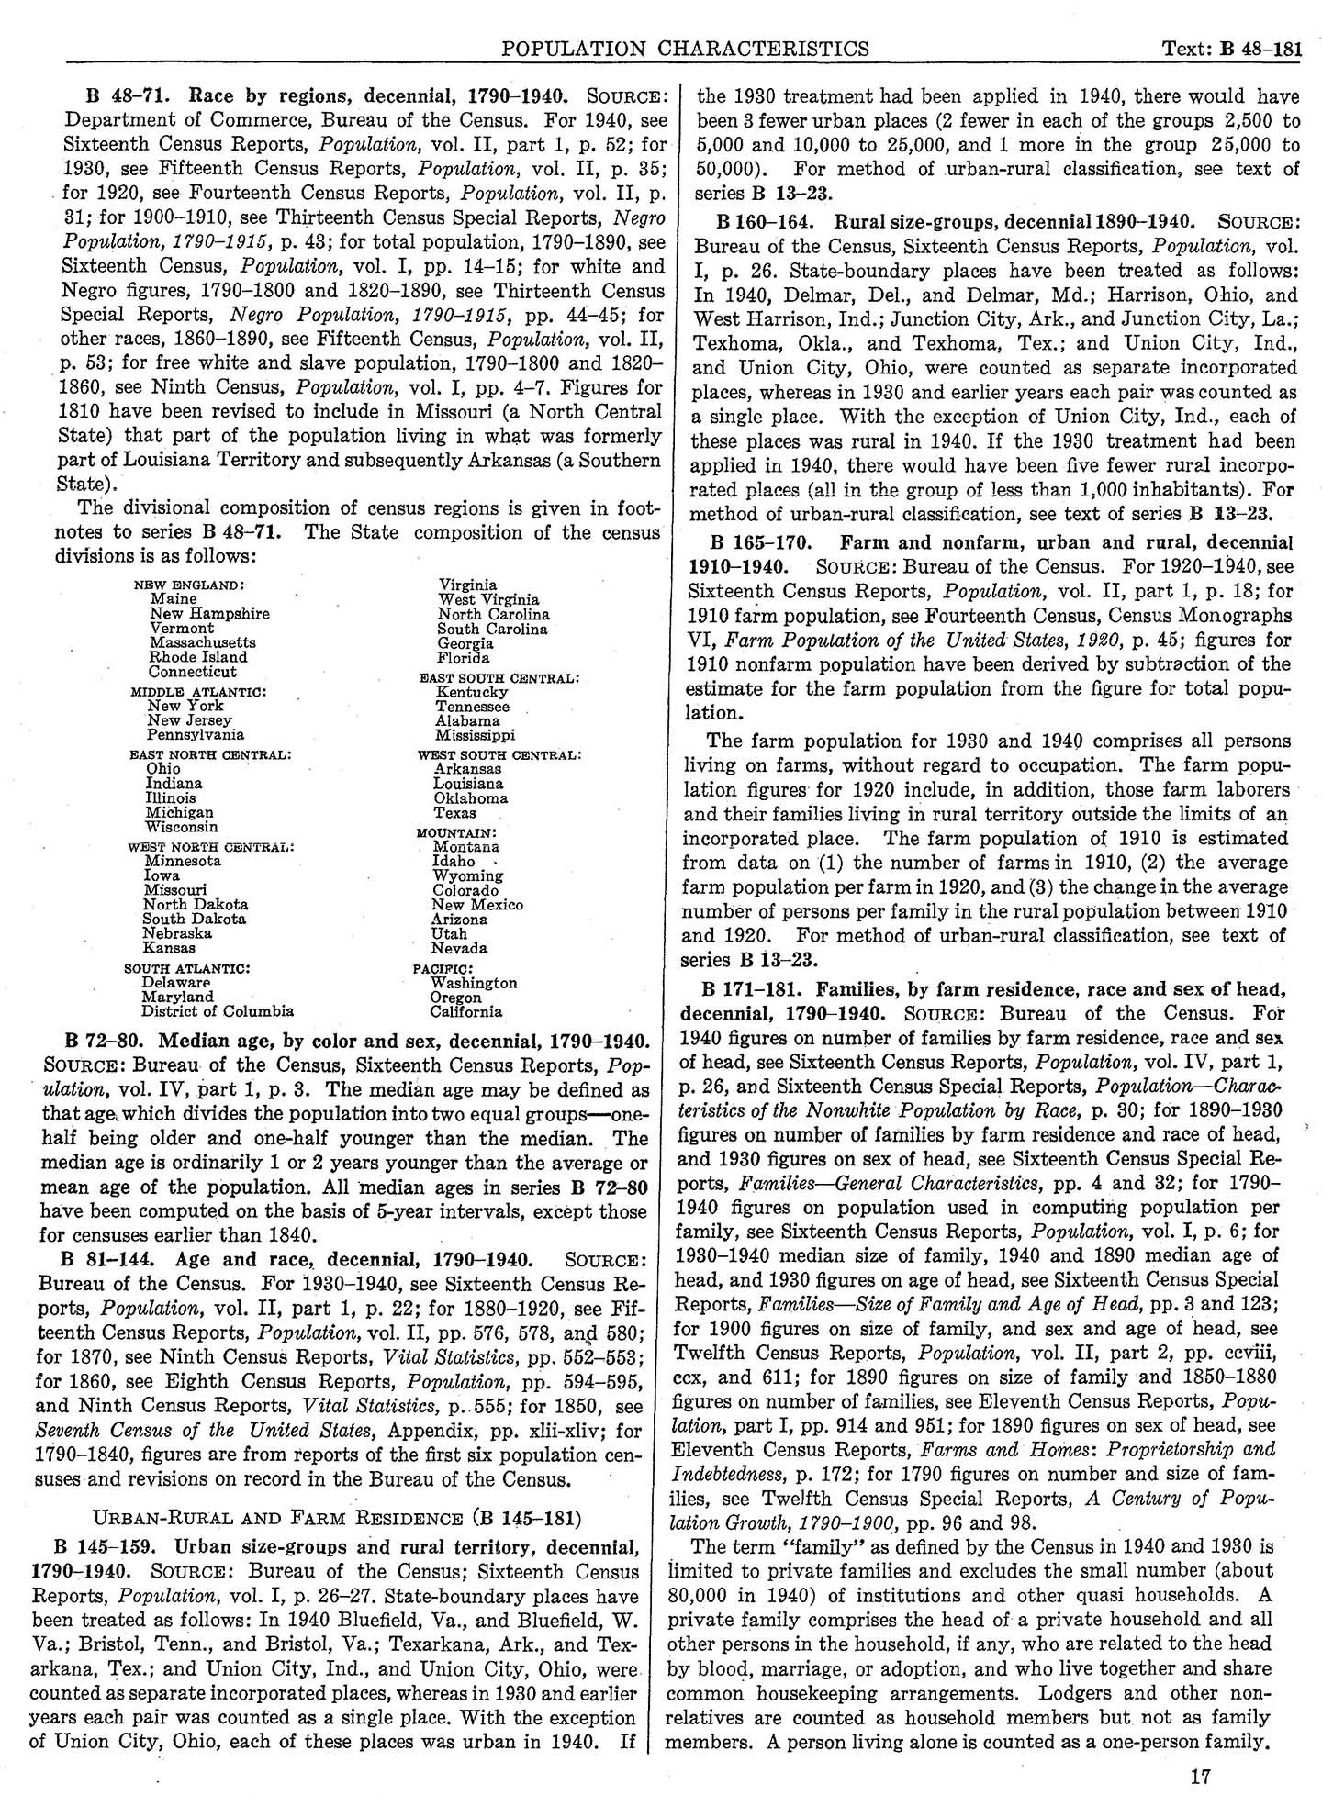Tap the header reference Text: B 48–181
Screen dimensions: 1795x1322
(1229, 49)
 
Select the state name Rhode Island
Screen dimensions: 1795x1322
(198, 657)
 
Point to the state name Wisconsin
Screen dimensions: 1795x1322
(182, 827)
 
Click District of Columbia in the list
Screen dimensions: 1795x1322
(218, 1011)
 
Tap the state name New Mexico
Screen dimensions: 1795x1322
(477, 905)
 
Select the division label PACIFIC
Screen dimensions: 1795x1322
(443, 968)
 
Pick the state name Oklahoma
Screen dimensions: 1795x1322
(471, 798)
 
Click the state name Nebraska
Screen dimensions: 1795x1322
(177, 933)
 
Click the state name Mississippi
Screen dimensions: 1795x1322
(475, 735)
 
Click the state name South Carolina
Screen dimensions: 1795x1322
(492, 630)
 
